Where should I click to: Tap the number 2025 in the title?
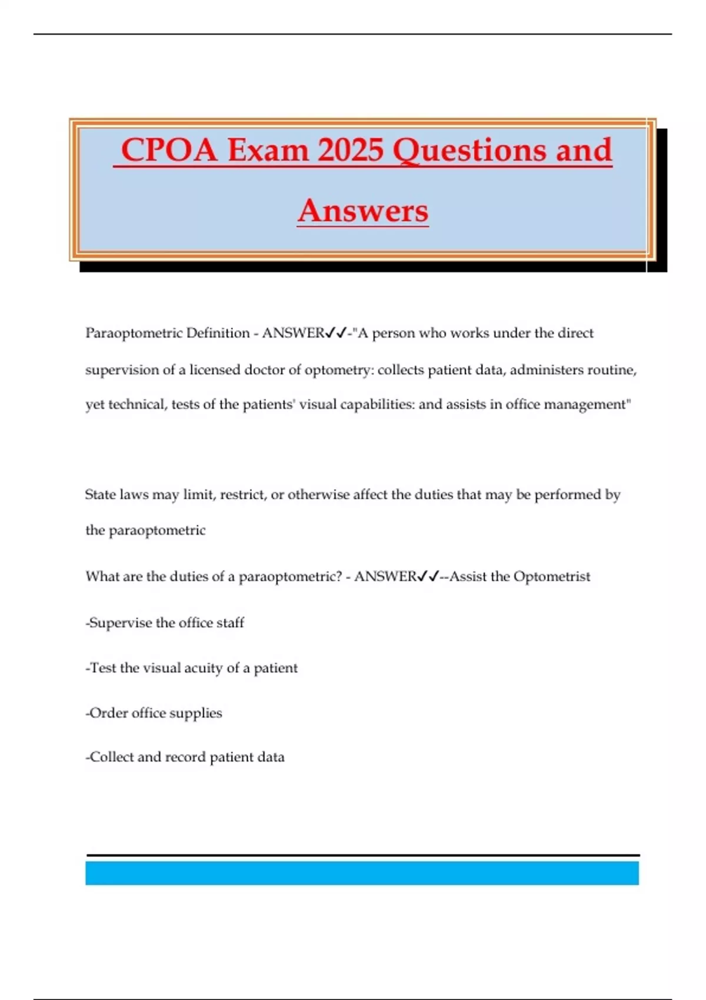click(x=351, y=150)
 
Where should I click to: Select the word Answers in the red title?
click(x=363, y=211)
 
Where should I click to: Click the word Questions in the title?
click(x=469, y=150)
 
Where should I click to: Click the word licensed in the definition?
click(x=215, y=370)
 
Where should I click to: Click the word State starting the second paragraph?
click(x=100, y=495)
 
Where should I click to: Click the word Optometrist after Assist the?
click(x=551, y=576)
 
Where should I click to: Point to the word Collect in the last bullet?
click(x=111, y=757)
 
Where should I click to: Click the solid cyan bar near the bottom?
click(x=362, y=873)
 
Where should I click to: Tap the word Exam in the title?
click(x=268, y=150)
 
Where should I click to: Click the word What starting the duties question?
click(x=102, y=576)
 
